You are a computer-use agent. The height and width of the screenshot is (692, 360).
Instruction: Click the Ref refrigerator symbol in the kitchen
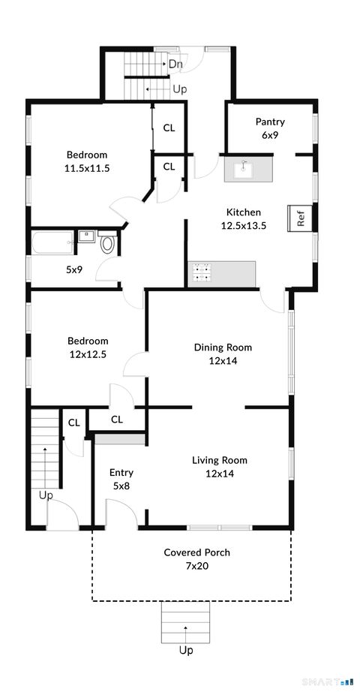300,217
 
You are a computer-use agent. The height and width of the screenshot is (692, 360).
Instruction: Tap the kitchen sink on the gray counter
242,170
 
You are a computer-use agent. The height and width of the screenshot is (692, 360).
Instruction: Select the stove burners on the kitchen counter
200,273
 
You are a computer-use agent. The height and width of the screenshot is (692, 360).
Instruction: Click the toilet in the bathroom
106,243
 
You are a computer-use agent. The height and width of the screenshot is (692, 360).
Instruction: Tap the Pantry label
269,122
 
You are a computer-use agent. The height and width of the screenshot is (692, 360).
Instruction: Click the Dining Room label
223,347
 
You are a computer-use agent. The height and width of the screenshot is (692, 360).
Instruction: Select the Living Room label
219,460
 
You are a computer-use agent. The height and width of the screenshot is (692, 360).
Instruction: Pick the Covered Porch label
196,552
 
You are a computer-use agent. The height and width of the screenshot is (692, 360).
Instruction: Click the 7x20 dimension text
196,566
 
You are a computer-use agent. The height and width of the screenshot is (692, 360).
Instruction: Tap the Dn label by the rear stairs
175,65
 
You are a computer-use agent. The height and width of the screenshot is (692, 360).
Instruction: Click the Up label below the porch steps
185,650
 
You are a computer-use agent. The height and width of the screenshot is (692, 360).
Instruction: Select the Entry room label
121,472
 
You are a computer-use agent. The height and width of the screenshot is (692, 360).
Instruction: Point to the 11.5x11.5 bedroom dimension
87,168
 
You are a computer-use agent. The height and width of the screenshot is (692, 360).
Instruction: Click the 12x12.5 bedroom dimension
87,354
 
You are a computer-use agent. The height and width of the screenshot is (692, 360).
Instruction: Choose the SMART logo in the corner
326,681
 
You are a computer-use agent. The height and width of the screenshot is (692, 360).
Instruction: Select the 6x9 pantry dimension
269,135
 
